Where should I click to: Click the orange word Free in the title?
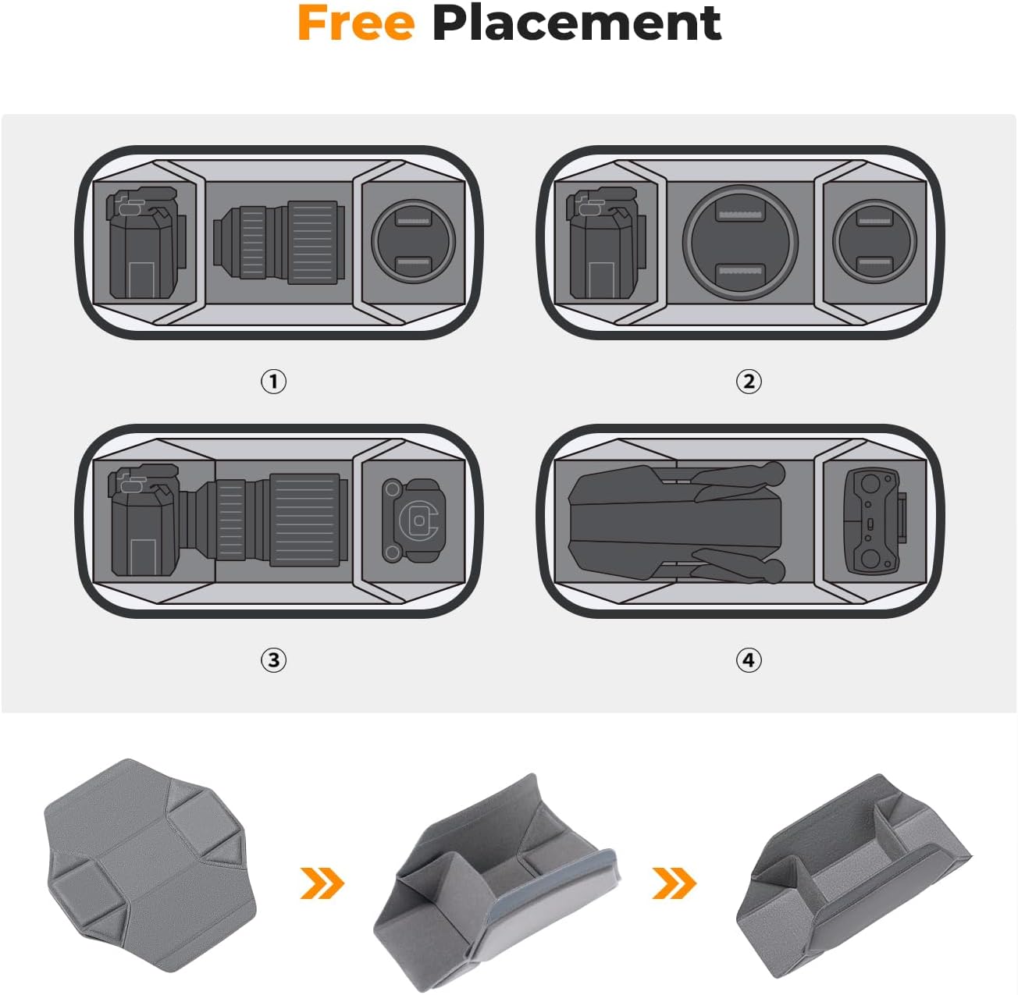(x=356, y=23)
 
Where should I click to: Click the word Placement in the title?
(x=576, y=23)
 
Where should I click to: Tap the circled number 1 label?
(x=273, y=381)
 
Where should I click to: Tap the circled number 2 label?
(x=749, y=381)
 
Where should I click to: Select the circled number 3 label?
(x=273, y=660)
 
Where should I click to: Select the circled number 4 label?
(x=749, y=660)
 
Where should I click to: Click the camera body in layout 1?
(x=146, y=243)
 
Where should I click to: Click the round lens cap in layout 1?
(x=413, y=242)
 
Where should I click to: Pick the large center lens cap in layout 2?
(x=740, y=243)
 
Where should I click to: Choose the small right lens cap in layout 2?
(x=874, y=242)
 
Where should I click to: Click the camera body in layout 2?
(x=607, y=243)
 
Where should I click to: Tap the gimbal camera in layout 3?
(x=413, y=521)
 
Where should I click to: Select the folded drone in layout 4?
(x=677, y=521)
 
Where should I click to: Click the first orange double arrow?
(x=322, y=883)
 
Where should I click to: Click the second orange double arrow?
(x=675, y=883)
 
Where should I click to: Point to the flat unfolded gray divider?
(x=150, y=865)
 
